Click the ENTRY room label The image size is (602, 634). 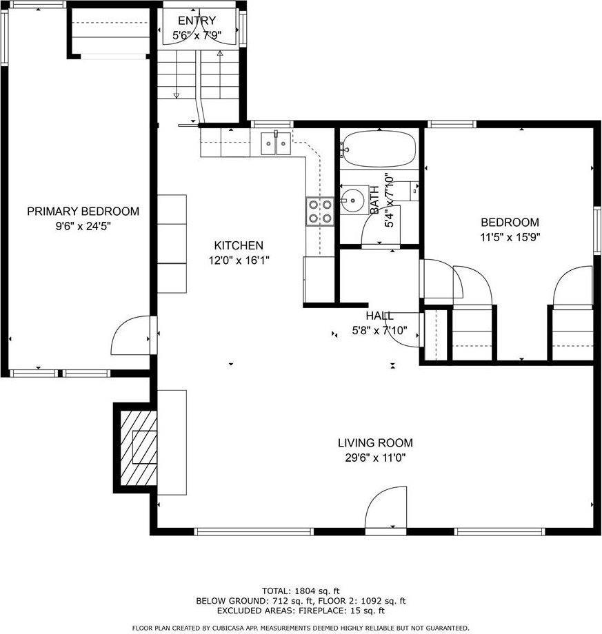click(197, 21)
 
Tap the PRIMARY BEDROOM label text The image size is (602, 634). click(83, 212)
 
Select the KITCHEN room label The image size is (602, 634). click(239, 245)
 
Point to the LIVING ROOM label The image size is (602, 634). click(375, 443)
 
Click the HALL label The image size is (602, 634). click(379, 316)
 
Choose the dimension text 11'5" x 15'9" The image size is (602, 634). click(510, 238)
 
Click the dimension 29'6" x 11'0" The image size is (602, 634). click(375, 458)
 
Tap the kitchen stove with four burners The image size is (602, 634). click(321, 211)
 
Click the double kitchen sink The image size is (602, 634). click(276, 144)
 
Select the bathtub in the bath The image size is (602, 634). click(379, 149)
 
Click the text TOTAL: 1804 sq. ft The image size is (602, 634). click(301, 591)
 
